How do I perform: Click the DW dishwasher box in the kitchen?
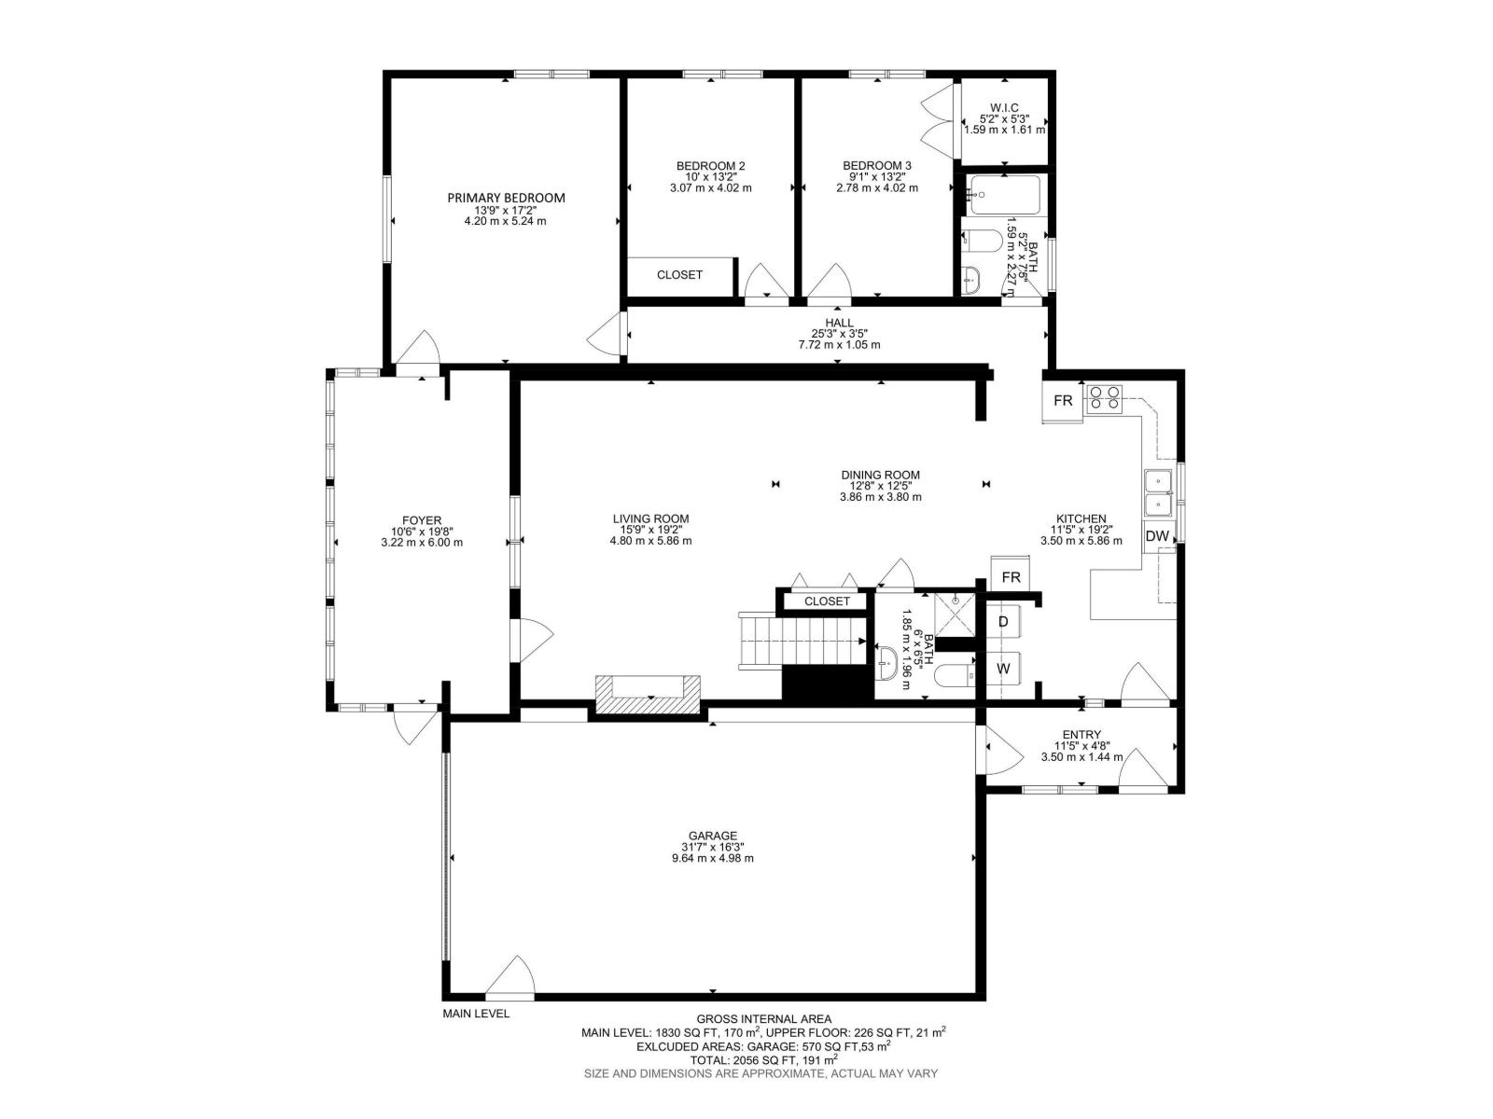click(x=1157, y=536)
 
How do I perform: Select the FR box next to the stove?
click(x=1063, y=401)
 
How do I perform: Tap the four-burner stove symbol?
click(x=1105, y=399)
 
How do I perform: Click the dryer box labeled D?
click(x=1003, y=622)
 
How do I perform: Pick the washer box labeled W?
click(x=1003, y=669)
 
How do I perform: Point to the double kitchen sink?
click(x=1159, y=492)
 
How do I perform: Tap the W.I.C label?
click(x=1004, y=107)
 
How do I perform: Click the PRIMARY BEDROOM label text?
click(x=506, y=198)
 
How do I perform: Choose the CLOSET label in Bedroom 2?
click(x=679, y=275)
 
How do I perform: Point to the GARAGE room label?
click(x=713, y=836)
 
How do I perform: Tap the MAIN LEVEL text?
click(x=476, y=1014)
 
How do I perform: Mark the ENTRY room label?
click(x=1081, y=735)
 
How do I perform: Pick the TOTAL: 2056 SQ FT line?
click(x=762, y=1059)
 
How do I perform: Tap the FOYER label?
click(x=422, y=520)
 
